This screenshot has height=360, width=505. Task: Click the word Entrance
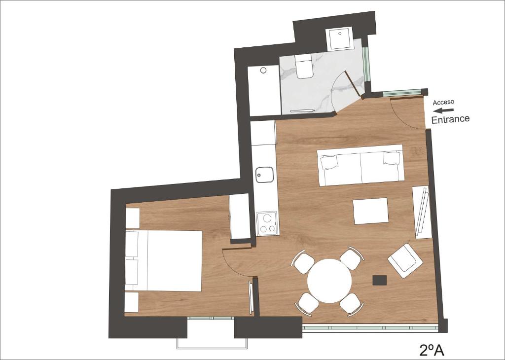(450, 119)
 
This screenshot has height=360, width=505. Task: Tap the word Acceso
(443, 103)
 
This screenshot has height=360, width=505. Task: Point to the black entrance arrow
(443, 110)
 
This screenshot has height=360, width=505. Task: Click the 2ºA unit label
(432, 350)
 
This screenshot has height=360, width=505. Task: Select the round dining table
(329, 281)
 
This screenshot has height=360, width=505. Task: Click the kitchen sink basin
(264, 175)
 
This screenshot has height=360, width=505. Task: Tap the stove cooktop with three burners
(267, 223)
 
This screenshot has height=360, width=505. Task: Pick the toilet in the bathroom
(304, 66)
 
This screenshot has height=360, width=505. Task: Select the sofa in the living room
(361, 165)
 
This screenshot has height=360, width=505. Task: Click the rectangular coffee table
(371, 211)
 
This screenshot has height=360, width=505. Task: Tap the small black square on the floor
(379, 280)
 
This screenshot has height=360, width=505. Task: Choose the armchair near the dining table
(405, 260)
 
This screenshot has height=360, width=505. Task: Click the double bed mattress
(174, 260)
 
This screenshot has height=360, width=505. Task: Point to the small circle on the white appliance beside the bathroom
(263, 70)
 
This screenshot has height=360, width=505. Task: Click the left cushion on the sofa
(329, 162)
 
